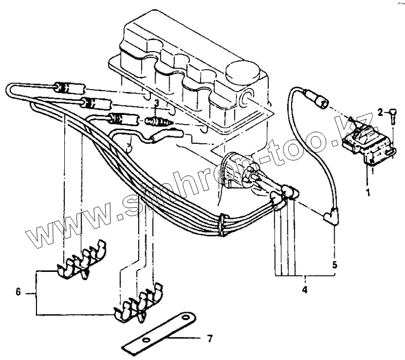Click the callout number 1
point(369,192)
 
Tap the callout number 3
point(156,103)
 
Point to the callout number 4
point(305,290)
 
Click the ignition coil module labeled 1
point(367,145)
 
